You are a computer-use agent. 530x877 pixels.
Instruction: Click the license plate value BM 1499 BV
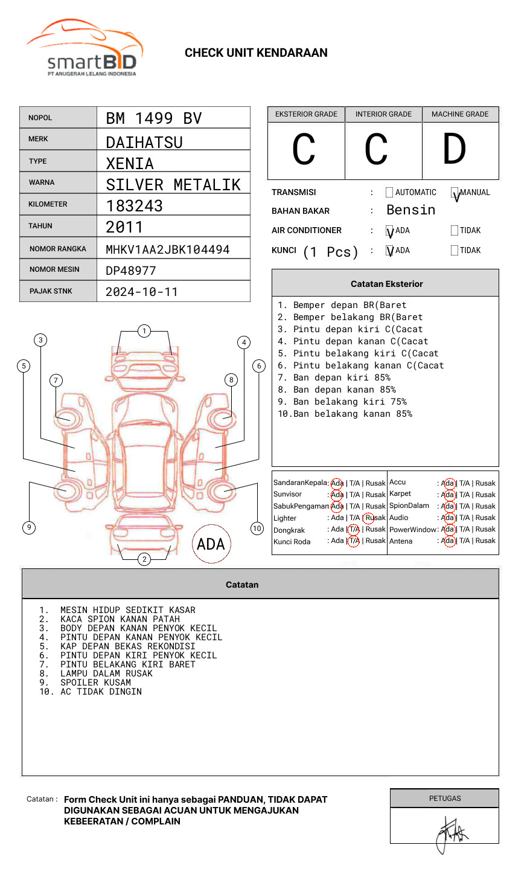coord(154,118)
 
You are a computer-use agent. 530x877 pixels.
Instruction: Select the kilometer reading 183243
coord(134,206)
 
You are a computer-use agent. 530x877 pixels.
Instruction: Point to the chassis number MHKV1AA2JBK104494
coord(168,249)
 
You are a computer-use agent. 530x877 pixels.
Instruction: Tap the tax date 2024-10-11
coord(142,292)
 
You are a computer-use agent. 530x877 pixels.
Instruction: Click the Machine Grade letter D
coord(455,149)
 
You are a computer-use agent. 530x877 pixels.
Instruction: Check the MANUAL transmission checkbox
coord(455,192)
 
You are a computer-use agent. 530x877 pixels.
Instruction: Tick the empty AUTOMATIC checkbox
coord(389,192)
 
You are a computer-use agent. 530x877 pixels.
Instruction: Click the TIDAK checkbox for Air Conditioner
coord(455,230)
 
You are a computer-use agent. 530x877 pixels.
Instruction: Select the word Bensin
coord(411,210)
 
